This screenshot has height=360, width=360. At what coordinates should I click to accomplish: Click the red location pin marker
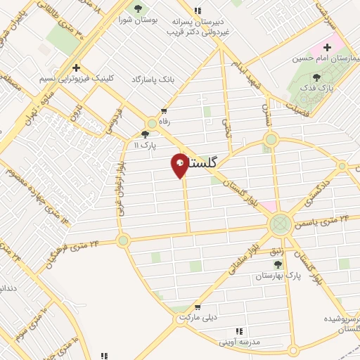(x=179, y=165)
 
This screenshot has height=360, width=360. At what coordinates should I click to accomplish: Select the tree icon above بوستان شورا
(x=137, y=8)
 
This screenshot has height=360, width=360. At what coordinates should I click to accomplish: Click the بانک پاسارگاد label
(x=152, y=80)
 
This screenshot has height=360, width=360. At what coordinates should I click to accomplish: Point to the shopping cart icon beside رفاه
(x=165, y=111)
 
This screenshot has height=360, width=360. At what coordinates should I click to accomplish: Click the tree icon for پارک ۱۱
(x=146, y=134)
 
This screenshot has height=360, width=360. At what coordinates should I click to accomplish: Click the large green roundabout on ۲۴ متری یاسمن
(x=281, y=225)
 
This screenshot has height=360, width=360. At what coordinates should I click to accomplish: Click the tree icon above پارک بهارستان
(x=278, y=264)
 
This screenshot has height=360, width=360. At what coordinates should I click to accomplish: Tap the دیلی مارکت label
(x=194, y=317)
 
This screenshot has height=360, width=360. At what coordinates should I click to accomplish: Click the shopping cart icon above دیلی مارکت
(x=199, y=307)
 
